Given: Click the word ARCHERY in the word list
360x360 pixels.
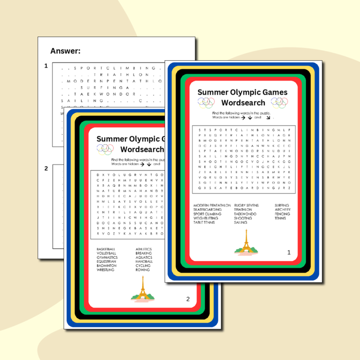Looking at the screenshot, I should tap(282, 210).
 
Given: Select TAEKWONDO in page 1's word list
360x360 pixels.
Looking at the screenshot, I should tap(244, 214).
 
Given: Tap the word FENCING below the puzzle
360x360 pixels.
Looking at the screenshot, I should tap(282, 214).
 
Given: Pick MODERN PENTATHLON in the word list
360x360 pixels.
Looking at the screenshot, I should tap(212, 205).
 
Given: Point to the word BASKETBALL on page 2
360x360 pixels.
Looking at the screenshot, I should tap(106, 249).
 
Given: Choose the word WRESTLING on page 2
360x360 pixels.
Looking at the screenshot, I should tap(105, 270).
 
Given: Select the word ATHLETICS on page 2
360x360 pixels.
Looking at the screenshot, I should tap(144, 249).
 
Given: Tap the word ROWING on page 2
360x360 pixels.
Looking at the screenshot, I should tap(142, 270).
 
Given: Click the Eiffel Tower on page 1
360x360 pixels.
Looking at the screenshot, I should tap(246, 244).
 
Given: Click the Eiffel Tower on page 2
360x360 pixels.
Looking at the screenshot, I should tap(142, 289).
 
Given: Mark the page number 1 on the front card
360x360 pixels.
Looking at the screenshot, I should tap(289, 253).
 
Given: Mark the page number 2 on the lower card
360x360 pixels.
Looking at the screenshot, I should tap(188, 299).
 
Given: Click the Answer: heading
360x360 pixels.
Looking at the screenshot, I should tap(65, 50).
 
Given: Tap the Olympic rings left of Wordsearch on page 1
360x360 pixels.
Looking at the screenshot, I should tap(206, 102).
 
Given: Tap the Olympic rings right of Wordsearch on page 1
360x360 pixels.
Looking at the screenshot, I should tap(279, 102).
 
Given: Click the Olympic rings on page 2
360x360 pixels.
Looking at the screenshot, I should tap(106, 149).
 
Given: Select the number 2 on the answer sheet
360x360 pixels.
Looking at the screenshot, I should tap(46, 169).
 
